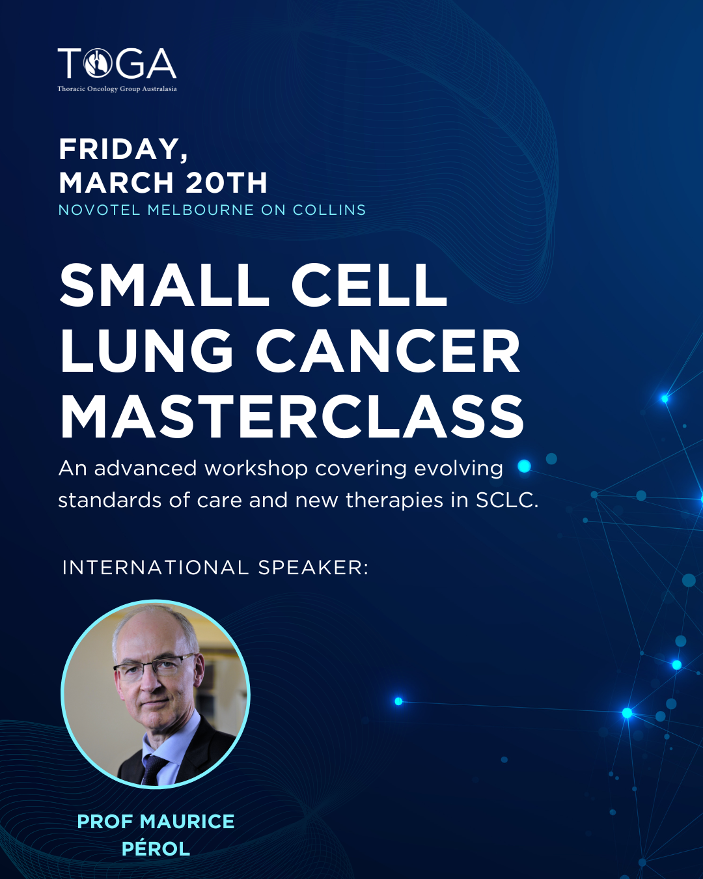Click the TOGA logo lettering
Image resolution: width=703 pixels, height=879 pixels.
click(x=117, y=64)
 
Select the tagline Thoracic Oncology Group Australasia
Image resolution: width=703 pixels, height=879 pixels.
click(x=117, y=89)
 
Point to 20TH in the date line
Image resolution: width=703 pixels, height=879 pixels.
click(x=227, y=183)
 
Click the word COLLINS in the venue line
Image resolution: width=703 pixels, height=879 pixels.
click(x=329, y=210)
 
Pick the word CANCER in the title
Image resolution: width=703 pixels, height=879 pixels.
click(x=388, y=351)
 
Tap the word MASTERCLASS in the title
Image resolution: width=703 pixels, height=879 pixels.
click(x=292, y=417)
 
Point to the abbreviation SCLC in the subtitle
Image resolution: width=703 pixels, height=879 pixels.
click(x=506, y=501)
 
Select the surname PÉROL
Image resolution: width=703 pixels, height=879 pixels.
click(x=156, y=849)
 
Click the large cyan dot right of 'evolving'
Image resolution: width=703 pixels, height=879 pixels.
click(x=524, y=466)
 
